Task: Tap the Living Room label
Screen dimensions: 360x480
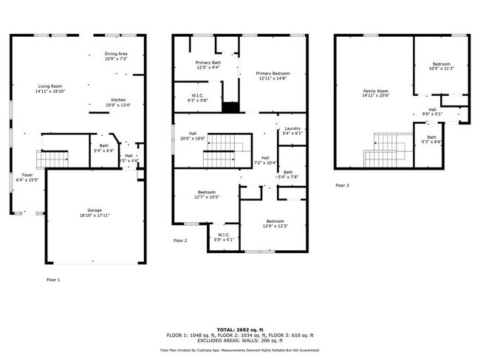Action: pyautogui.click(x=51, y=87)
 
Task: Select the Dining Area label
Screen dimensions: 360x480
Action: pyautogui.click(x=116, y=54)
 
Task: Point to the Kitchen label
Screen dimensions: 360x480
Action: pyautogui.click(x=118, y=100)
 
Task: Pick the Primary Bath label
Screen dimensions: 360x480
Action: pyautogui.click(x=208, y=63)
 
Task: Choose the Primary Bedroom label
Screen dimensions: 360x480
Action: pyautogui.click(x=272, y=74)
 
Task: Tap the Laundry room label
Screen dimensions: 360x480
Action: pyautogui.click(x=292, y=128)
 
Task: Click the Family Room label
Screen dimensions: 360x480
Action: pyautogui.click(x=375, y=91)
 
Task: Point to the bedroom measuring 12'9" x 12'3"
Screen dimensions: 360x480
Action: pyautogui.click(x=275, y=222)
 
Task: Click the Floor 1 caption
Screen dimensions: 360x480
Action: pyautogui.click(x=53, y=279)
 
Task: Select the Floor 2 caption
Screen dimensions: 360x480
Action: pyautogui.click(x=181, y=240)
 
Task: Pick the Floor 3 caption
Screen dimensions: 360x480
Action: pyautogui.click(x=342, y=185)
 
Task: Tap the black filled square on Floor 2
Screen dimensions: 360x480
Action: pyautogui.click(x=231, y=107)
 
